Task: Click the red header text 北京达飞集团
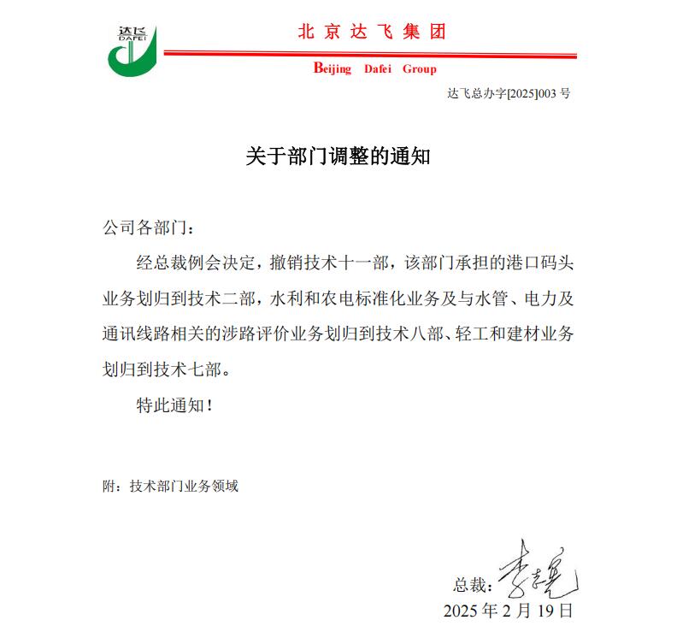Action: [372, 32]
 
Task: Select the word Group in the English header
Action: [419, 69]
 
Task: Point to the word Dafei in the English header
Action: [377, 69]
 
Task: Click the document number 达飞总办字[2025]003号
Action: [509, 94]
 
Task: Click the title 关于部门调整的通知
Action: [338, 156]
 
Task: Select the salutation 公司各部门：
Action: [148, 229]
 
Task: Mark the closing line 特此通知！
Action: [174, 405]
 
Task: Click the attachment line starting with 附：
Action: [170, 487]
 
